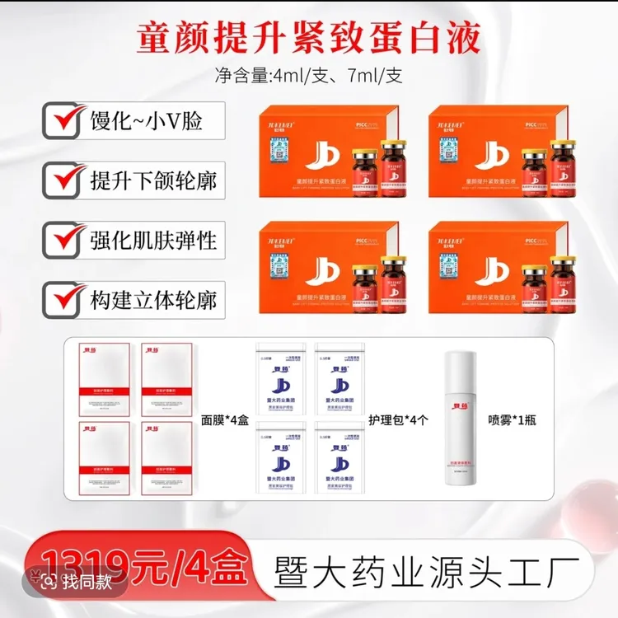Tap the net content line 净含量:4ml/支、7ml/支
click(x=308, y=77)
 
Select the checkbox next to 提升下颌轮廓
click(x=61, y=179)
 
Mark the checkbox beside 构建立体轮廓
click(x=61, y=298)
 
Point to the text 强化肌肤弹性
click(x=153, y=240)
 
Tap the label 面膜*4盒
click(x=225, y=419)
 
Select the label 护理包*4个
click(x=400, y=419)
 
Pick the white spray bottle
click(x=462, y=420)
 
